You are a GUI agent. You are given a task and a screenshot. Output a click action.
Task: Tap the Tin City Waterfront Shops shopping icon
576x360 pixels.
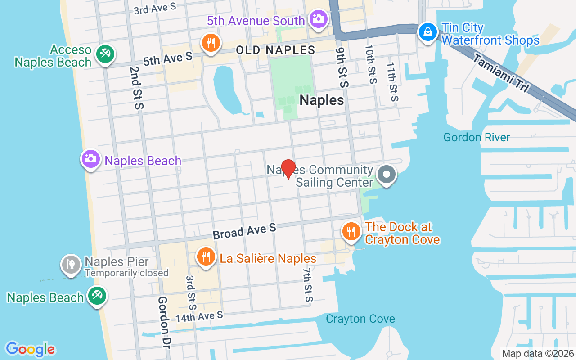click(x=426, y=32)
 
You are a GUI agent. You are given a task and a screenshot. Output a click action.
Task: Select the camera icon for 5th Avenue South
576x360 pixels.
click(x=319, y=19)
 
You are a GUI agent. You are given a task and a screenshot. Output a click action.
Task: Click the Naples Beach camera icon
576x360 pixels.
click(x=91, y=159)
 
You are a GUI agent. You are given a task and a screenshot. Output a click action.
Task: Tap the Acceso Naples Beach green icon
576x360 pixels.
click(x=105, y=54)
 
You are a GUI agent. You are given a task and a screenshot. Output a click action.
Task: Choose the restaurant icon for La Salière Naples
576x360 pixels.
click(x=206, y=257)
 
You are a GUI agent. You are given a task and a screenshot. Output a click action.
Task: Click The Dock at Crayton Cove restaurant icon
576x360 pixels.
click(x=351, y=232)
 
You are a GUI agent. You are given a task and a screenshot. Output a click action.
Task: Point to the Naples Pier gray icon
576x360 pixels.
click(x=71, y=265)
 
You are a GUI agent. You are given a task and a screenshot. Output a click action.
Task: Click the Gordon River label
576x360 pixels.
click(x=477, y=137)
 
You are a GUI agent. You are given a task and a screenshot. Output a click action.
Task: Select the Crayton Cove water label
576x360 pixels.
click(x=360, y=319)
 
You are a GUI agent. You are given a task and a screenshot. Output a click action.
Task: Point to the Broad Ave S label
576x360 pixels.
click(x=244, y=232)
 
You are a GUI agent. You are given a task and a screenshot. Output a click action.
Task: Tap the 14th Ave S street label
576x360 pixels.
click(x=199, y=316)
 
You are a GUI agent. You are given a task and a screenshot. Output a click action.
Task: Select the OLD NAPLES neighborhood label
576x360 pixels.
click(x=275, y=50)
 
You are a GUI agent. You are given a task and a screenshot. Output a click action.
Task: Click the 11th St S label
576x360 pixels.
click(x=392, y=81)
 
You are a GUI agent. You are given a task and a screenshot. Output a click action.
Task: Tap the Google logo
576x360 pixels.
click(x=30, y=349)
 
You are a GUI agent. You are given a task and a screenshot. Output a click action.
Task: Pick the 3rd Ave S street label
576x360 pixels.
click(x=154, y=9)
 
